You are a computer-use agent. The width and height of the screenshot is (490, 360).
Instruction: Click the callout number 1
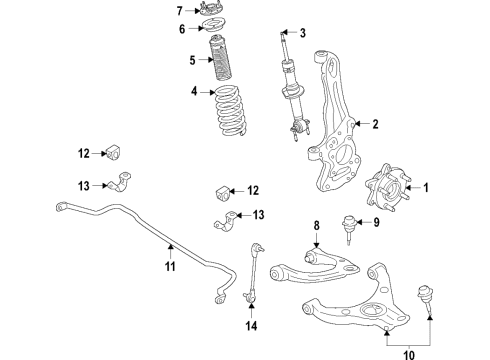pyautogui.click(x=425, y=188)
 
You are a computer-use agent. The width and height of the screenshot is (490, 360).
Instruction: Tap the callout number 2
pyautogui.click(x=375, y=125)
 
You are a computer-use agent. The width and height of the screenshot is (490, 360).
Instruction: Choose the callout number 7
pyautogui.click(x=181, y=11)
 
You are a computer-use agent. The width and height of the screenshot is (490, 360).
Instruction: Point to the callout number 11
pyautogui.click(x=170, y=267)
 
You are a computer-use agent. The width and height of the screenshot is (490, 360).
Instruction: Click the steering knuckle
pyautogui.click(x=334, y=120)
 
